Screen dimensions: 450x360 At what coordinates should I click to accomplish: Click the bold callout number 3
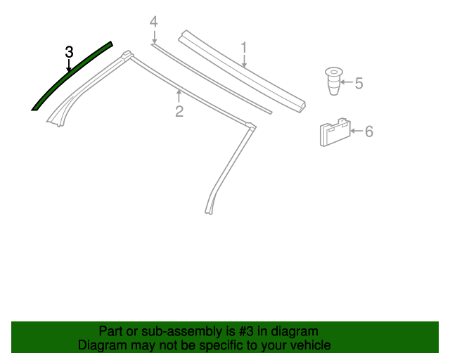69,52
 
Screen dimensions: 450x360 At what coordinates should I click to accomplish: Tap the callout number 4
154,22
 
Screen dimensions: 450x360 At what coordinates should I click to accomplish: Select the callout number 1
244,47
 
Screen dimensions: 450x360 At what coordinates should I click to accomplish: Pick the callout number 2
179,111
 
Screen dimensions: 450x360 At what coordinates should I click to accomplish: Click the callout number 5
359,83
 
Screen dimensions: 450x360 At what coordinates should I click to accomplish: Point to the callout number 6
369,131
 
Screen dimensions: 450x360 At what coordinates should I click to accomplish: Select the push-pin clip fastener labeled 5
334,81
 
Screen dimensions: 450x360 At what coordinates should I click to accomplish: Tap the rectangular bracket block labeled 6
335,132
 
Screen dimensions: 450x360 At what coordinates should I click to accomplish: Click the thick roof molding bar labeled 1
242,70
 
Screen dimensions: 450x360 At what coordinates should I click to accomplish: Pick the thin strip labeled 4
211,78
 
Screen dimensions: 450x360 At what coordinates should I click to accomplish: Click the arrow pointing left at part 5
347,82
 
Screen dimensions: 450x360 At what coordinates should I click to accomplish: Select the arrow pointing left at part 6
356,131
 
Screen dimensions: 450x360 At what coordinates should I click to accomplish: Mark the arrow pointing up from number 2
179,96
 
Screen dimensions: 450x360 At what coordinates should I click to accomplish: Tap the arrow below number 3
69,65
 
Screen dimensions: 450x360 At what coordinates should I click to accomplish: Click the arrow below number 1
244,61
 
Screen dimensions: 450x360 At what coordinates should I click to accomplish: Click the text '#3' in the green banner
246,331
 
